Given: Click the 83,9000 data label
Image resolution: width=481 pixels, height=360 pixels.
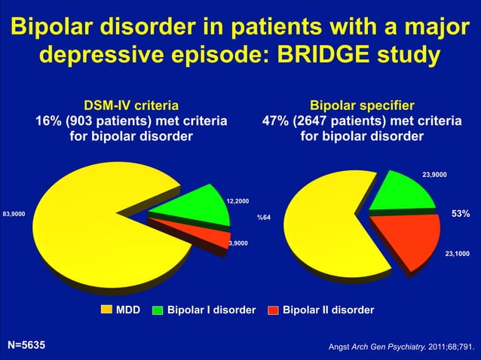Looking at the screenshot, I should tap(14, 215).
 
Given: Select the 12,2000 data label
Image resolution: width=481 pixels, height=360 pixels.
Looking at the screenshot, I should tap(238, 201).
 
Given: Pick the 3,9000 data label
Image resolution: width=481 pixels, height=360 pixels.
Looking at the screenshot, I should tap(240, 243).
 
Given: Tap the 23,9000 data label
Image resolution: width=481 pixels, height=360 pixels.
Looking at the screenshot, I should tap(434, 175).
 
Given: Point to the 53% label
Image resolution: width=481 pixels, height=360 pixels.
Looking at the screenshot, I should tap(461, 215).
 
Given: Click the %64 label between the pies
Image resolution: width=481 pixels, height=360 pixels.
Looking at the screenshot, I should tap(264, 218).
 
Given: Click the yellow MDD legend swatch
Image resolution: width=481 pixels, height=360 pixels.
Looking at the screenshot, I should tap(106, 310).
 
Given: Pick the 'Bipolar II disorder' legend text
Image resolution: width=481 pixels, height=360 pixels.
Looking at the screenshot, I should tap(327, 310).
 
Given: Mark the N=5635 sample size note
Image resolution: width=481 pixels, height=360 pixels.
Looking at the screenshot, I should tap(26, 345).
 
